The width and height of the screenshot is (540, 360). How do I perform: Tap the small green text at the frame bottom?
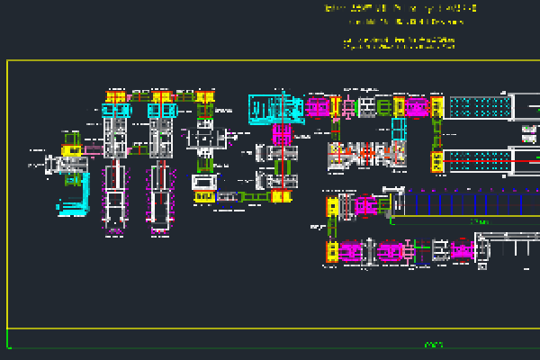pyautogui.click(x=434, y=344)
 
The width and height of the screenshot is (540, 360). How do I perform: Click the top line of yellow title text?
pyautogui.click(x=400, y=8)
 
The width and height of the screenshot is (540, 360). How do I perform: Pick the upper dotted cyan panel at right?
pyautogui.click(x=480, y=108)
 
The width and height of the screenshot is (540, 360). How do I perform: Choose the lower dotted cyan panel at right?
pyautogui.click(x=478, y=161)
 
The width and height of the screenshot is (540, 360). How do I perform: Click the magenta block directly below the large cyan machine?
pyautogui.click(x=282, y=136)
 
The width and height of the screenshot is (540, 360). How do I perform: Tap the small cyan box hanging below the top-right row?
pyautogui.click(x=399, y=130)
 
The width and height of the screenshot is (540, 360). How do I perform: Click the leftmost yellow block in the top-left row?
pyautogui.click(x=114, y=97)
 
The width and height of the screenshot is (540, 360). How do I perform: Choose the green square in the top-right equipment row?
pyautogui.click(x=384, y=108)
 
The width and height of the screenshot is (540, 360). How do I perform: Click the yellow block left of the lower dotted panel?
pyautogui.click(x=437, y=162)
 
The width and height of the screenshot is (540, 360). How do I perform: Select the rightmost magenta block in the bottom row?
pyautogui.click(x=462, y=251)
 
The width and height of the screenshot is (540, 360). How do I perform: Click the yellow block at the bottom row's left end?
pyautogui.click(x=331, y=251)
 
